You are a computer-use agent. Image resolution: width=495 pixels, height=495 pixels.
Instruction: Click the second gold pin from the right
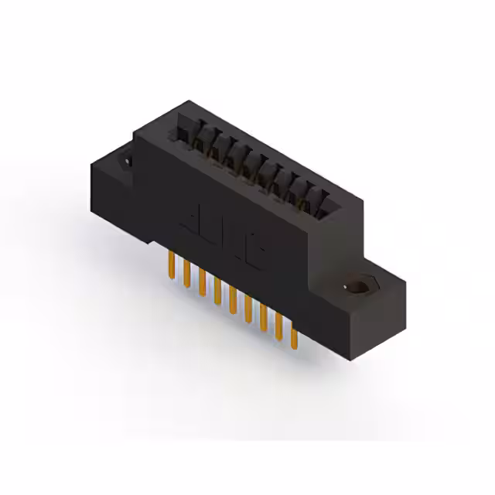tap(278, 329)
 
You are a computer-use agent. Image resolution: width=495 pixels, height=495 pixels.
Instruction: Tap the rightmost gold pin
tap(293, 338)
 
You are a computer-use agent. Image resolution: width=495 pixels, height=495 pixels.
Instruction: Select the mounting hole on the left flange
tap(123, 162)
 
